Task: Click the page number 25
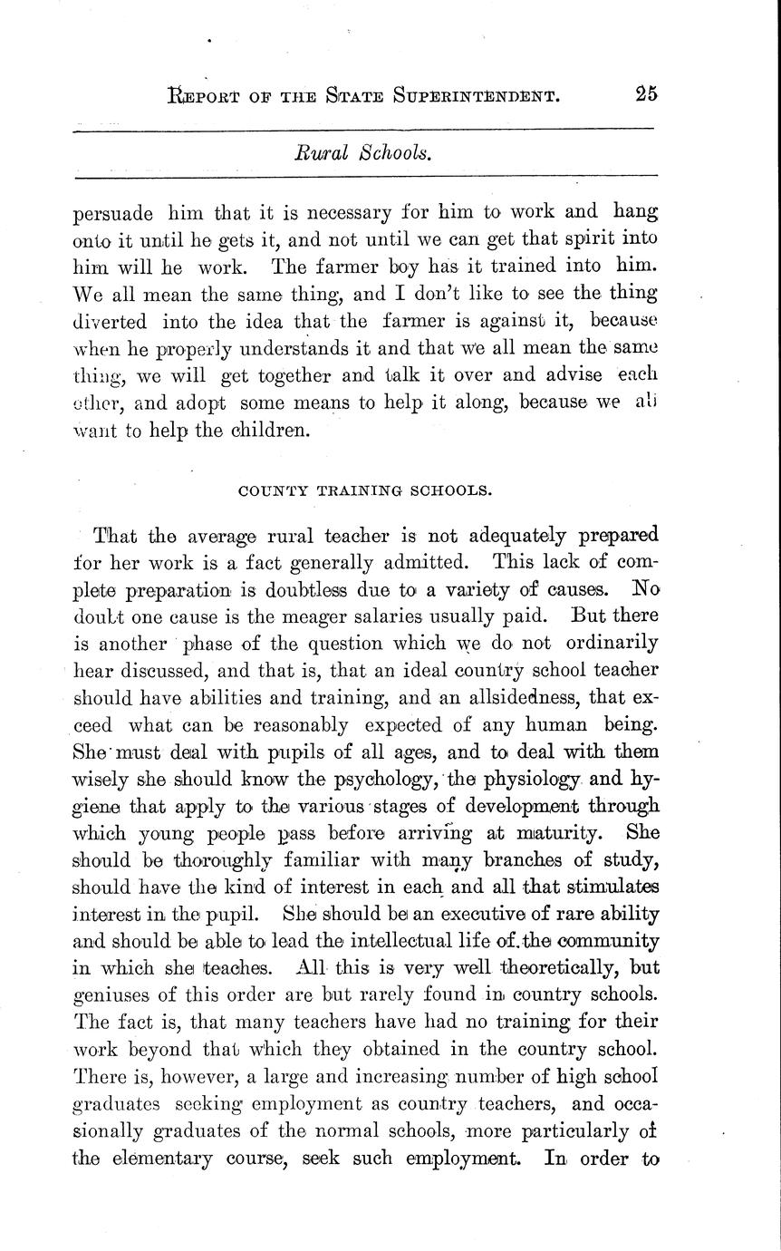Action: click(645, 94)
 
